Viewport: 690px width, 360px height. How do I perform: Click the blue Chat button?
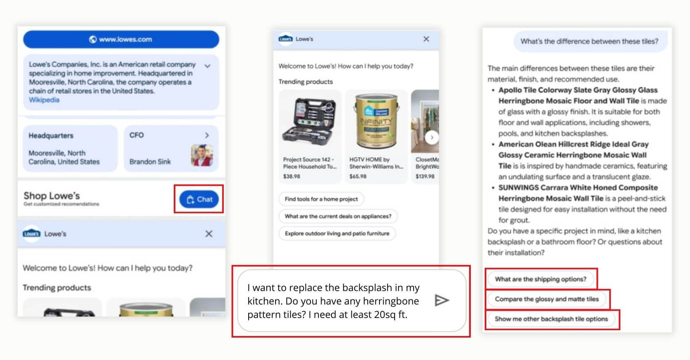pyautogui.click(x=199, y=199)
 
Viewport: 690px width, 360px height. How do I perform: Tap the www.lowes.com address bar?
pyautogui.click(x=121, y=40)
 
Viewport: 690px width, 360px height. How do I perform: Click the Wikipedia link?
pyautogui.click(x=44, y=100)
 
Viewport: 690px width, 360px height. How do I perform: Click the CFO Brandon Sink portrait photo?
pyautogui.click(x=202, y=155)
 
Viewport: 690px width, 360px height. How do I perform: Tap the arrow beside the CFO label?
pyautogui.click(x=207, y=135)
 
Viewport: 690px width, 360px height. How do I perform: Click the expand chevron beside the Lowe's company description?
pyautogui.click(x=207, y=66)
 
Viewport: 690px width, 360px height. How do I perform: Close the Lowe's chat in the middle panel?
pyautogui.click(x=426, y=39)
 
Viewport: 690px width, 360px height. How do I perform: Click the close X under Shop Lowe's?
pyautogui.click(x=209, y=234)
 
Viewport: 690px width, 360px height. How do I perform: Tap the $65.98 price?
pyautogui.click(x=358, y=177)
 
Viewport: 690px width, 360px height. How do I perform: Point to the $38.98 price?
pyautogui.click(x=292, y=177)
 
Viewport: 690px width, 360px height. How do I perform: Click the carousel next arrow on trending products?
pyautogui.click(x=432, y=138)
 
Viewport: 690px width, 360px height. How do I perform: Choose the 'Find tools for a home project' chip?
pyautogui.click(x=321, y=199)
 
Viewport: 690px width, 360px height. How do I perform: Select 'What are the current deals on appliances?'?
pyautogui.click(x=338, y=216)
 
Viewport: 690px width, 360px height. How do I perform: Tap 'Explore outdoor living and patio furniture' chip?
pyautogui.click(x=337, y=233)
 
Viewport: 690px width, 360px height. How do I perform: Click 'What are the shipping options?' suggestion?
pyautogui.click(x=540, y=279)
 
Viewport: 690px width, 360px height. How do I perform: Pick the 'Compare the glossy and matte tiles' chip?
pyautogui.click(x=547, y=299)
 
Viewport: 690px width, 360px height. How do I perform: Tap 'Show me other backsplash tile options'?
pyautogui.click(x=551, y=319)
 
